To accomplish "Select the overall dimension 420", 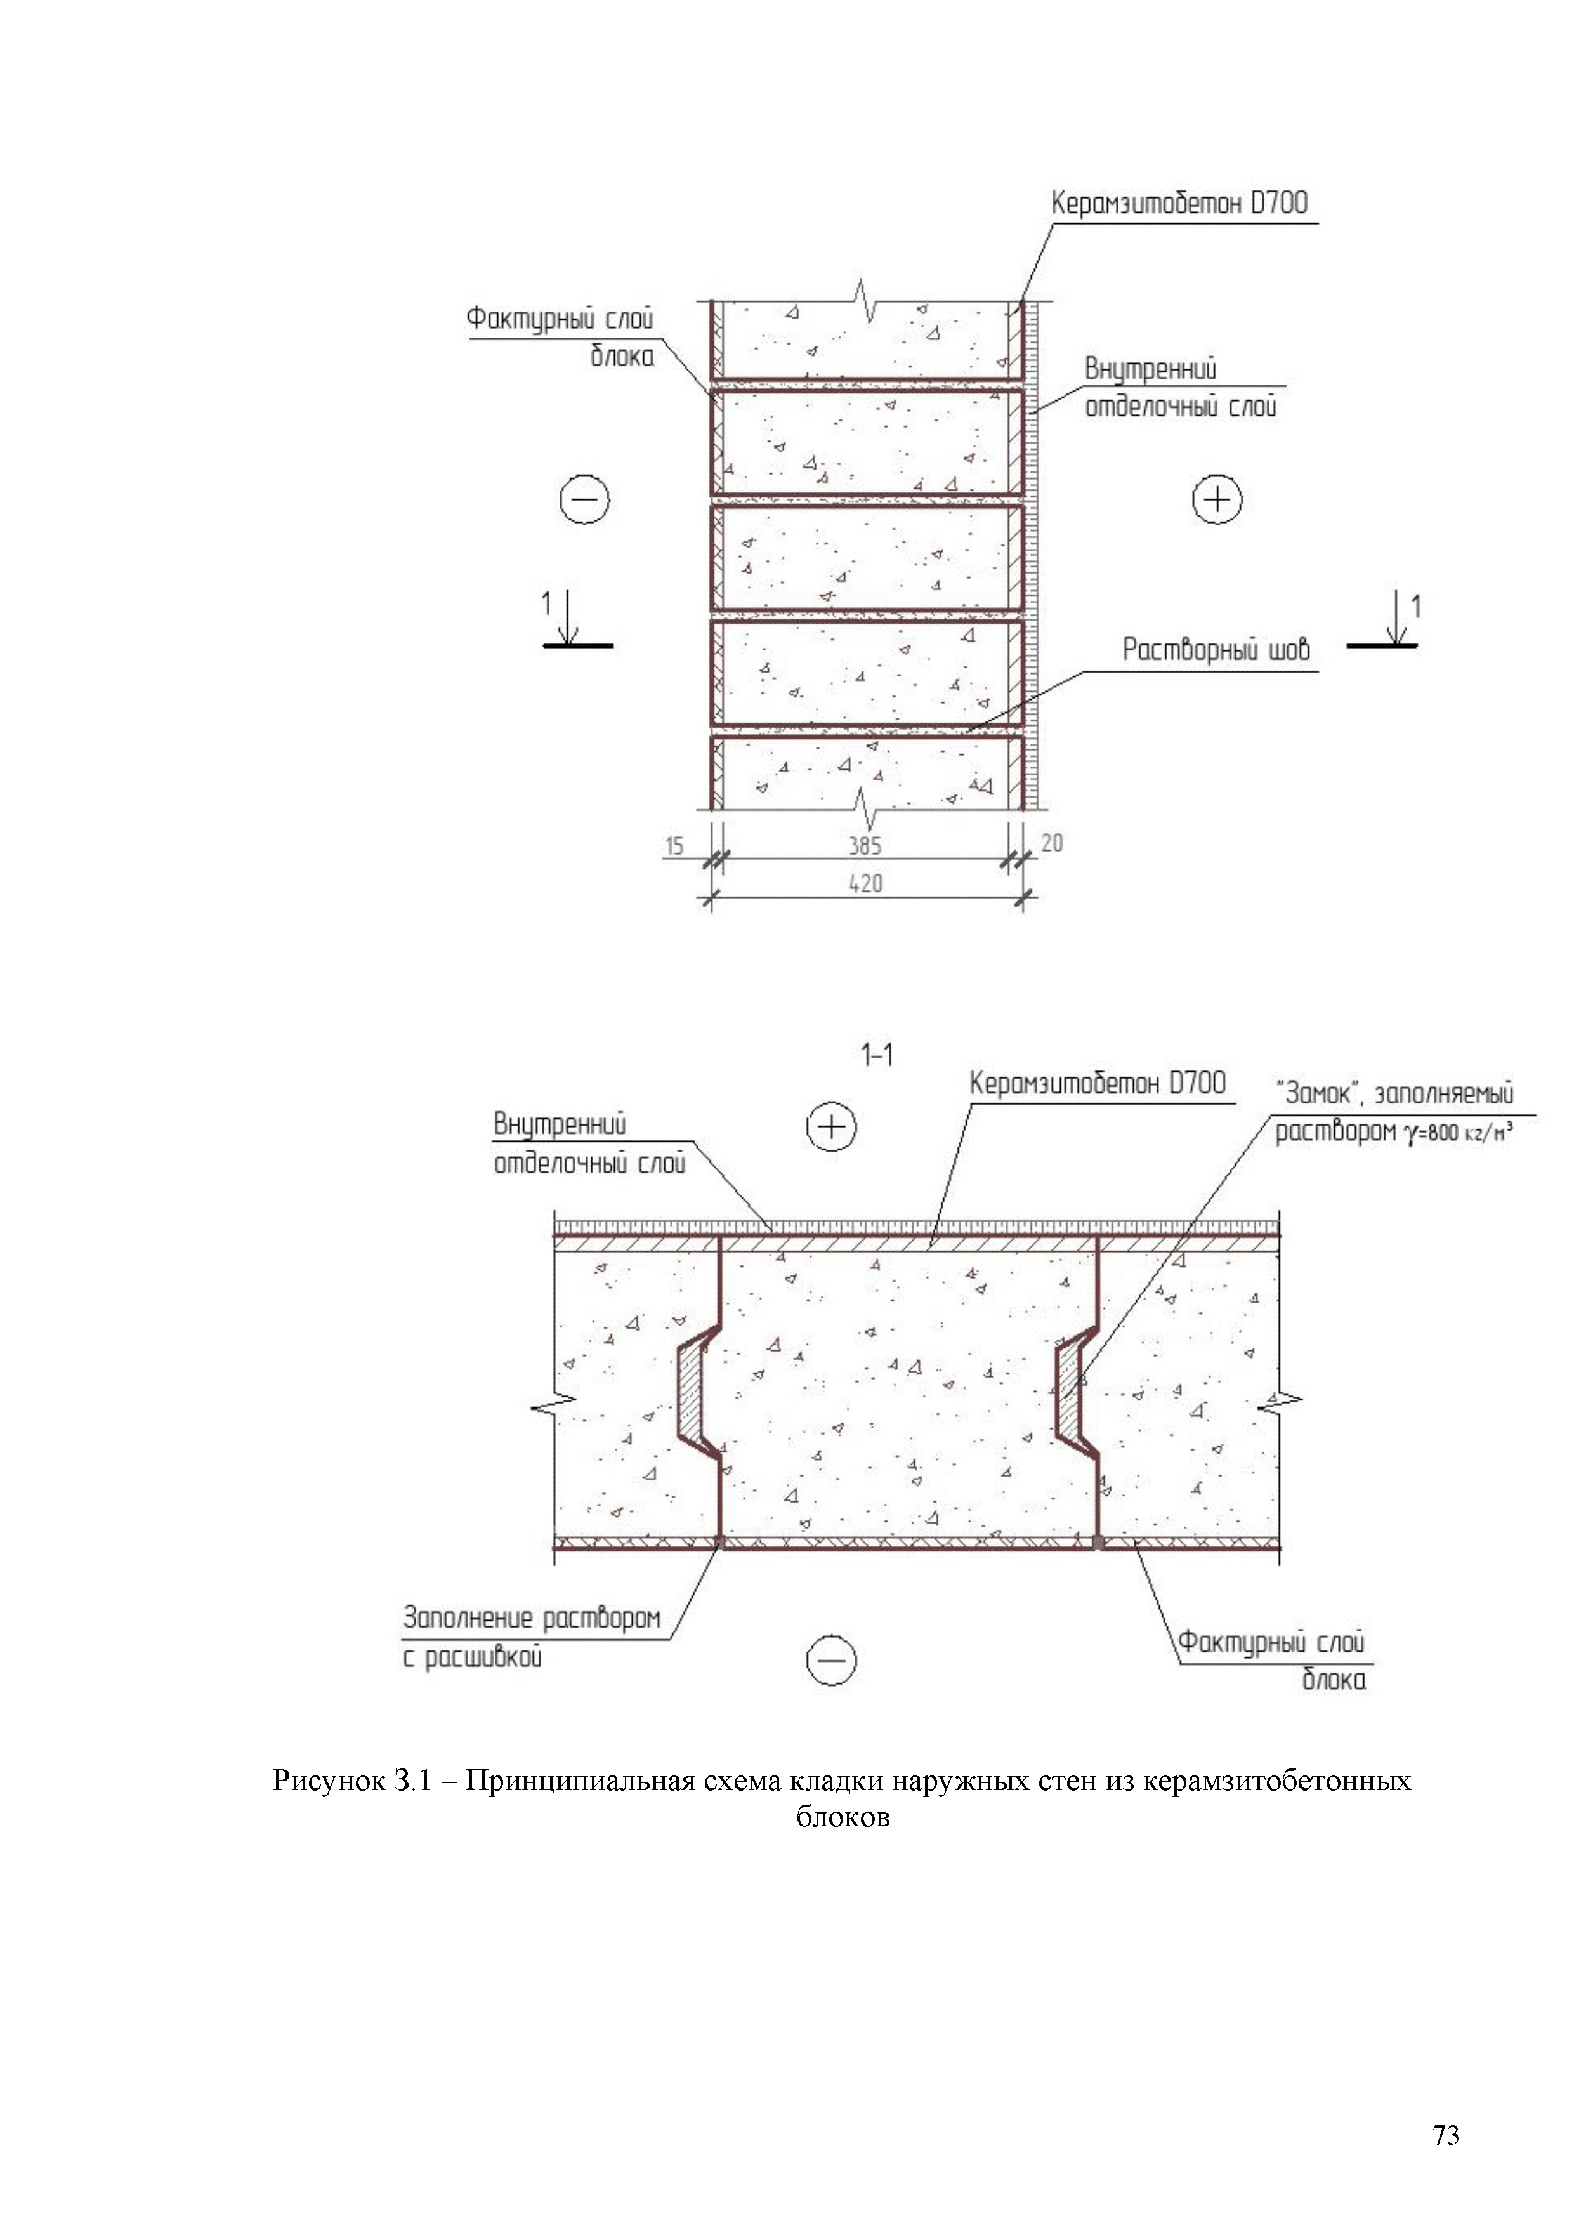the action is pyautogui.click(x=865, y=883).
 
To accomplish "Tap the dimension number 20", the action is pyautogui.click(x=1052, y=843).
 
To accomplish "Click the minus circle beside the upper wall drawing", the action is pyautogui.click(x=584, y=500).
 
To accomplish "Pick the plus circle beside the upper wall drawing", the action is pyautogui.click(x=1216, y=500).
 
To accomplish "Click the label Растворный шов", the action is pyautogui.click(x=1216, y=650).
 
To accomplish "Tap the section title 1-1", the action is pyautogui.click(x=877, y=1055).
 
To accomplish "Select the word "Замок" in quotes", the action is pyautogui.click(x=1319, y=1093).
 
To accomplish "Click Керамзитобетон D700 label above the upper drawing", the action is pyautogui.click(x=1179, y=204).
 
